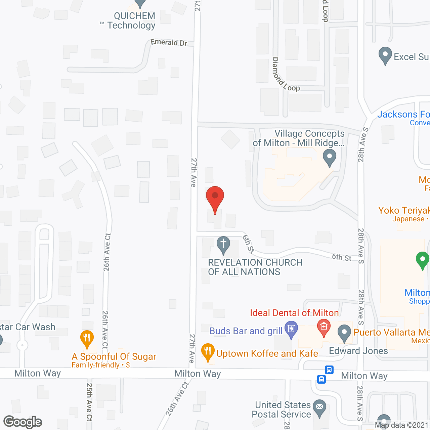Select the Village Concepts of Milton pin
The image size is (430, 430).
pos(329,158)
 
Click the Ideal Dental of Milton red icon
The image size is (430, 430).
pos(324,328)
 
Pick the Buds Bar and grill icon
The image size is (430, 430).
pos(291,329)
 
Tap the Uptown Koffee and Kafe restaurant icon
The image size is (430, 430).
pos(208,352)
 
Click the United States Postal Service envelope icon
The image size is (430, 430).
pos(319,408)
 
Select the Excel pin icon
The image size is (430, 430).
pos(385,55)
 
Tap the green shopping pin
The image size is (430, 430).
pos(422,260)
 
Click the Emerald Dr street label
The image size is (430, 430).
pos(169,42)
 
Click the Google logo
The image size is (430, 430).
pos(23,422)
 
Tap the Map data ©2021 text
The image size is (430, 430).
pos(402,425)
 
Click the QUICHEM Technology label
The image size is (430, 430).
pos(131,21)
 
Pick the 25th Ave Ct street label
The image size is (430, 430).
pos(89,402)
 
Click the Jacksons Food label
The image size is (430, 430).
pos(403,115)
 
